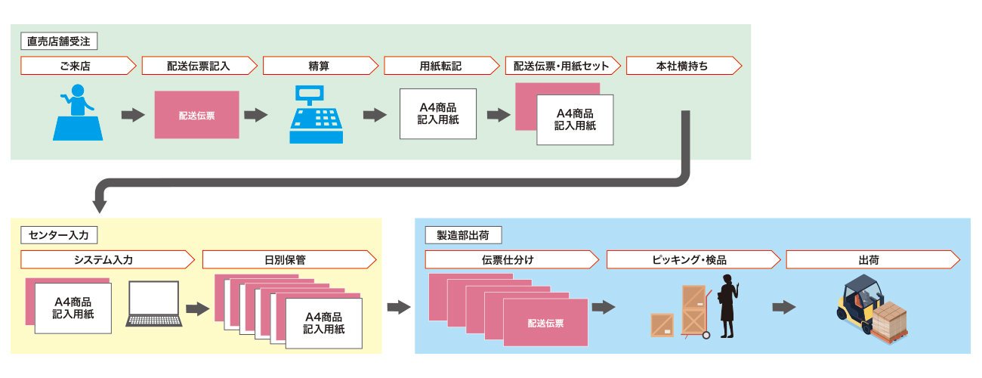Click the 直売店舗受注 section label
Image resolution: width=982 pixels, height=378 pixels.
point(59,42)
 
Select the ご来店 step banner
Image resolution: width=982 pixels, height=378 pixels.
point(78,66)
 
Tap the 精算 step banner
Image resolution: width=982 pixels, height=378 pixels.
point(320,66)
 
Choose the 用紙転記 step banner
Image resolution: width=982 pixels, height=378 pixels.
point(441,66)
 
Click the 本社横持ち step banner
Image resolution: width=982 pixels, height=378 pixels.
point(684,66)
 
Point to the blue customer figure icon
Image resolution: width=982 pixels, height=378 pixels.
point(78,113)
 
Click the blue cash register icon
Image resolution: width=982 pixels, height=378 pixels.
point(316,114)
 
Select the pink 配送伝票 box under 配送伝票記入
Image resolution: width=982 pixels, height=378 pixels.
point(197,115)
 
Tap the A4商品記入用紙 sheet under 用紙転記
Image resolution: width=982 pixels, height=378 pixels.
point(438,114)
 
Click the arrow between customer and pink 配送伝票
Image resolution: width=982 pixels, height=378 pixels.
point(133,116)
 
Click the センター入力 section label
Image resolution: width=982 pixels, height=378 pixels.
point(59,235)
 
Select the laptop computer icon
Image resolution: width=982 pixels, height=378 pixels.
point(154,304)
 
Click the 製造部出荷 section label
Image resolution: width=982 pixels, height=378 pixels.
point(463,235)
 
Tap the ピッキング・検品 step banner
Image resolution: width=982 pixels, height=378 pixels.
point(693,259)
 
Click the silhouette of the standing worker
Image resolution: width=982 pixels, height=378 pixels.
point(727,306)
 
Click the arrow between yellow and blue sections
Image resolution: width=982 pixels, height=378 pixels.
point(399,307)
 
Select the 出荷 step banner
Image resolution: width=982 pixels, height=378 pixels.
point(873,259)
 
